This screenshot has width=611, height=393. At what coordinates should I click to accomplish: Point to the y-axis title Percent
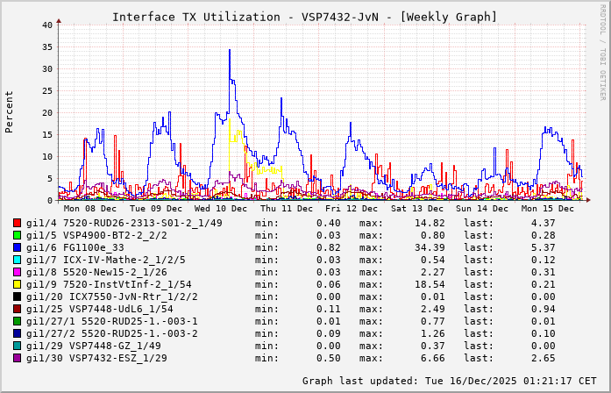[10, 111]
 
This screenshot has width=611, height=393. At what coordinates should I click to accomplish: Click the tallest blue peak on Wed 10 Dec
[230, 51]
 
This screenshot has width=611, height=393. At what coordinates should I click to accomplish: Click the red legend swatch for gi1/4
[17, 223]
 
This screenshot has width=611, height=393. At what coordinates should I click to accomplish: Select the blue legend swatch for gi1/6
[17, 247]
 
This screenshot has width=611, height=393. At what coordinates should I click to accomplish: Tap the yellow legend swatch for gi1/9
[17, 284]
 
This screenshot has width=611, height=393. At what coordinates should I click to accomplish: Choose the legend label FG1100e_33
[94, 247]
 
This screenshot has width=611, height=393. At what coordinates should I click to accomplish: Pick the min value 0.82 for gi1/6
[328, 247]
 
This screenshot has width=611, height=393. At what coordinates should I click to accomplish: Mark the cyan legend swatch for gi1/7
[17, 260]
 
